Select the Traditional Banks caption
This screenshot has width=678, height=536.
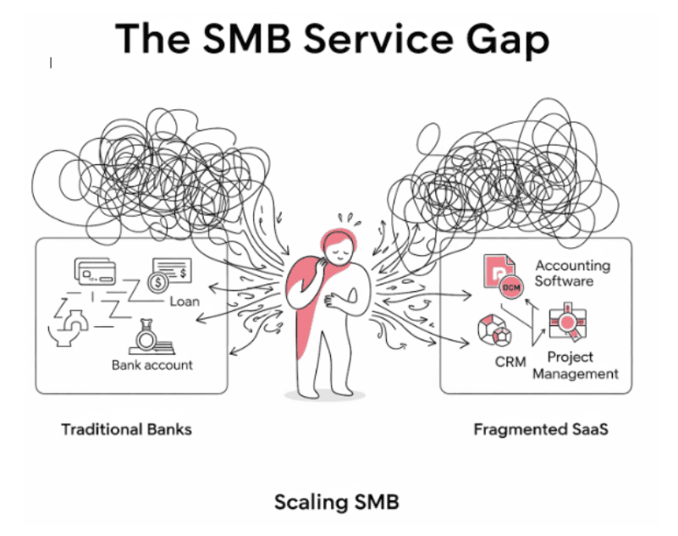click(x=126, y=429)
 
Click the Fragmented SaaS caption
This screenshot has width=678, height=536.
click(x=541, y=429)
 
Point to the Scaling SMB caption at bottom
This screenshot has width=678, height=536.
click(x=336, y=502)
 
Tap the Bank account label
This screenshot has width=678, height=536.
click(x=152, y=365)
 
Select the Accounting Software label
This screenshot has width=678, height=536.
click(x=572, y=273)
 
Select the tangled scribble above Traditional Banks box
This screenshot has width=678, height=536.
click(x=161, y=169)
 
